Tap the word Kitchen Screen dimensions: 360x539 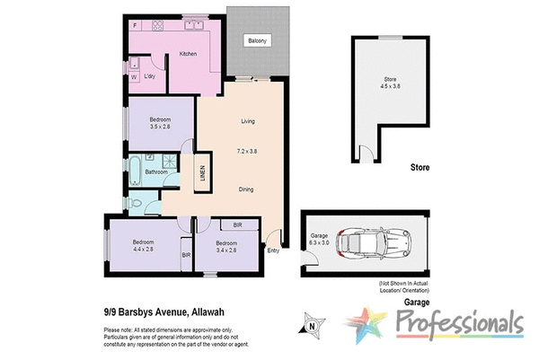tap(188, 54)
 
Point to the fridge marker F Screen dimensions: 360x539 tap(135, 26)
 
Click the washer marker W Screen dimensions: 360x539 tap(134, 77)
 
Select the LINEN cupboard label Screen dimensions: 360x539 tap(202, 173)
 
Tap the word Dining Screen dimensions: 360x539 tap(250, 189)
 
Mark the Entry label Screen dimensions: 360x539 tap(273, 250)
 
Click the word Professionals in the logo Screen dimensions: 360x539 tap(458, 321)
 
